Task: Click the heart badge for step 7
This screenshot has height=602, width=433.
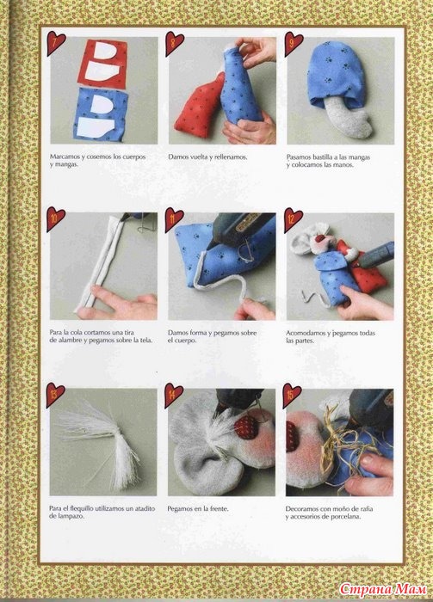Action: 55,43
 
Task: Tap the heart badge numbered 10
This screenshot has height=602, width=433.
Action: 55,218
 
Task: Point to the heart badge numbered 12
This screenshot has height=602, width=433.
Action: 293,219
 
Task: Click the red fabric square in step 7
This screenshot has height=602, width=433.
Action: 103,64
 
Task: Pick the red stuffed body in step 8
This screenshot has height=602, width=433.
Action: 199,107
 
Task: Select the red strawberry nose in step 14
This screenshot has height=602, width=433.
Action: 246,427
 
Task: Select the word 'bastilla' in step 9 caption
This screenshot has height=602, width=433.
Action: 324,157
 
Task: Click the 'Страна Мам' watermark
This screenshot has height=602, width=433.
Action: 383,589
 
